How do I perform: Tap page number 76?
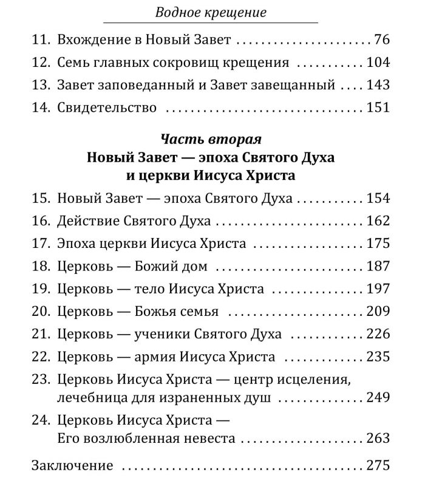[382, 41]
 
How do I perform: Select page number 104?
[378, 63]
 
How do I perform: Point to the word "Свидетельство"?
[107, 108]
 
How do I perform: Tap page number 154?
[378, 199]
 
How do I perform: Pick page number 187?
[378, 266]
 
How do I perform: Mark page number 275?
[378, 466]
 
